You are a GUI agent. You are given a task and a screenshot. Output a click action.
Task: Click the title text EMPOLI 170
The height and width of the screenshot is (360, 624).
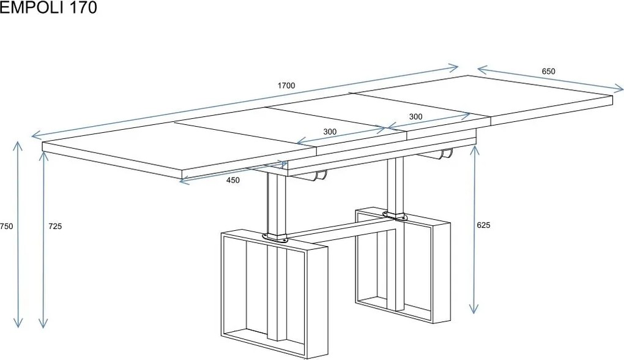pyautogui.click(x=48, y=7)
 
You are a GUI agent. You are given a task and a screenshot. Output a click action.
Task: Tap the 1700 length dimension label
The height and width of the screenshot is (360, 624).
pyautogui.click(x=286, y=86)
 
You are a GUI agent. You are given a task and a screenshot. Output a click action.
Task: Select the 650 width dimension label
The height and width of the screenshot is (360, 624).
pyautogui.click(x=548, y=71)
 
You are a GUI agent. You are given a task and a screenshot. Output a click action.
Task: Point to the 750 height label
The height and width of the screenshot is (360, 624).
pyautogui.click(x=6, y=226)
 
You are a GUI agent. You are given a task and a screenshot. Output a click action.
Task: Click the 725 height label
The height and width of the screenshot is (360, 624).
pyautogui.click(x=55, y=226)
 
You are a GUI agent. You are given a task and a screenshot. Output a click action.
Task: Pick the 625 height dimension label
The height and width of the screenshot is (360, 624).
pyautogui.click(x=483, y=225)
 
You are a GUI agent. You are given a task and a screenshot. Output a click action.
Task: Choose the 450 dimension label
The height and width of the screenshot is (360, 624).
pyautogui.click(x=233, y=180)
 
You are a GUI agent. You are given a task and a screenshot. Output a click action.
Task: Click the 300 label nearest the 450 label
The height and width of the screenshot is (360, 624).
pyautogui.click(x=330, y=132)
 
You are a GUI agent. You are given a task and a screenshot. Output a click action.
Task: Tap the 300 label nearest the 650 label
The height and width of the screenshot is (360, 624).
pyautogui.click(x=415, y=117)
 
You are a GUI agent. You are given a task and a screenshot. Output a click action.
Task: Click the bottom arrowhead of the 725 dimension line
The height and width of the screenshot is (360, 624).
pyautogui.click(x=43, y=323)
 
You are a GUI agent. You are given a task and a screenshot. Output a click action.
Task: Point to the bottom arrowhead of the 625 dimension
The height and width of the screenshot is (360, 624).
pyautogui.click(x=474, y=309)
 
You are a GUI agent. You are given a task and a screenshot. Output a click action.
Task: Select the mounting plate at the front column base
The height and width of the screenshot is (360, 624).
pyautogui.click(x=275, y=238)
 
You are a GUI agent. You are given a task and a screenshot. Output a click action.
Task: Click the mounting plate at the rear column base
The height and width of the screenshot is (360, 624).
pyautogui.click(x=395, y=216)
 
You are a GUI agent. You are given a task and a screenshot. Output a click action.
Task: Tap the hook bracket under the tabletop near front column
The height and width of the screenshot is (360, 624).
pyautogui.click(x=320, y=176)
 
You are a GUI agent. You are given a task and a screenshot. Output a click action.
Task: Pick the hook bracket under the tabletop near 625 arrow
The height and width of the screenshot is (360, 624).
pyautogui.click(x=446, y=154)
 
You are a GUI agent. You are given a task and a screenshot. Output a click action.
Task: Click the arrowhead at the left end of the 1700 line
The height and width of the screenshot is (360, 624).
pyautogui.click(x=37, y=135)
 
